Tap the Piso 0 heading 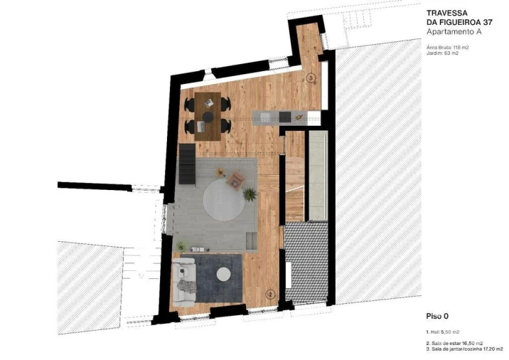436,315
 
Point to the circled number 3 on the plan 310,78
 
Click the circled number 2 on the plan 270,293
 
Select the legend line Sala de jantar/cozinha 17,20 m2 466,349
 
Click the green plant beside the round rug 250,193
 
